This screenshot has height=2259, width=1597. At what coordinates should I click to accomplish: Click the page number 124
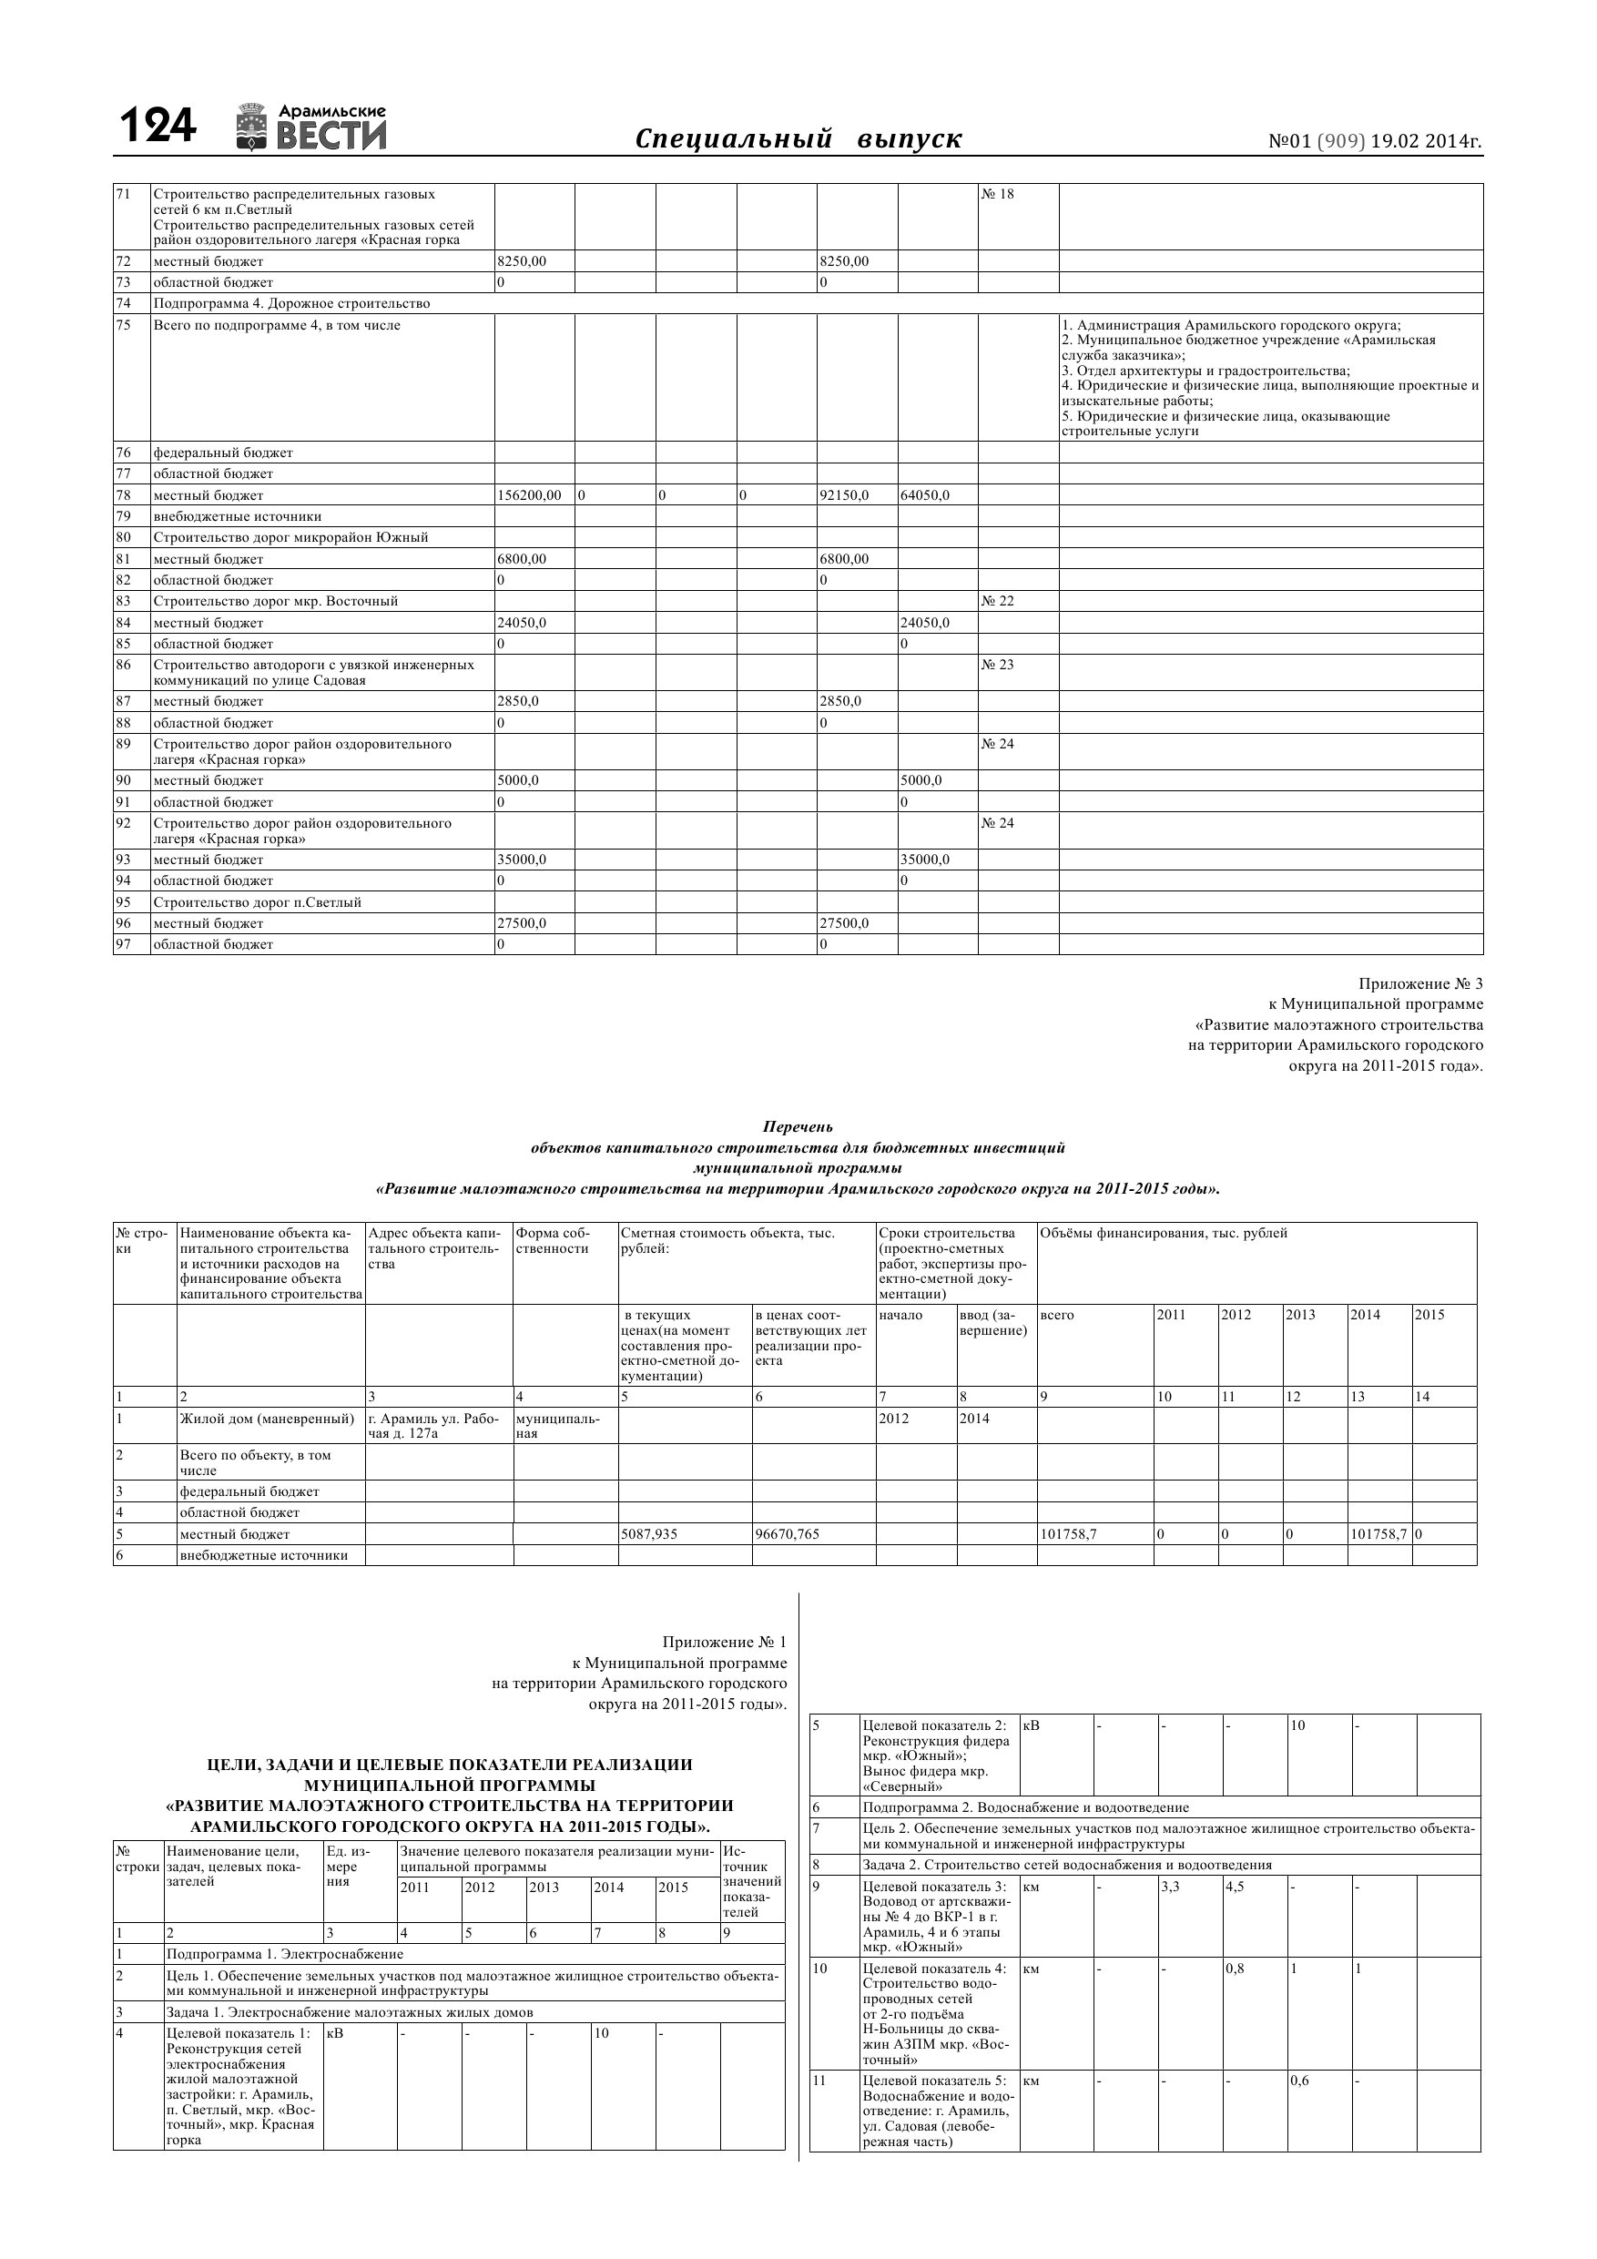(158, 127)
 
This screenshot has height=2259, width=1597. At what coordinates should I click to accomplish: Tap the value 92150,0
(844, 495)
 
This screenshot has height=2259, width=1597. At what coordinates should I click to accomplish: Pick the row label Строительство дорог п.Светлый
(257, 902)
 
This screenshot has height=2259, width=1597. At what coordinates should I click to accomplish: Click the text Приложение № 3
(1419, 984)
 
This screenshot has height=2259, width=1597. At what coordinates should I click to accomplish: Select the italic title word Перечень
(797, 1126)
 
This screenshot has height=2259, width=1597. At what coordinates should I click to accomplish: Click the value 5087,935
(649, 1534)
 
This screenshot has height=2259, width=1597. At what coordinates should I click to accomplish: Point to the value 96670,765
(788, 1534)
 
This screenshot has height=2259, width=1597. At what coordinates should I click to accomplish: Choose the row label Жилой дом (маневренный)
(267, 1419)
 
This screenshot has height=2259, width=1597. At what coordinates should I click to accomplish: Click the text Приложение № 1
(724, 1642)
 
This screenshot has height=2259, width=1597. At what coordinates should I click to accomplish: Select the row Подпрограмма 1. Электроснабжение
(285, 1954)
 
